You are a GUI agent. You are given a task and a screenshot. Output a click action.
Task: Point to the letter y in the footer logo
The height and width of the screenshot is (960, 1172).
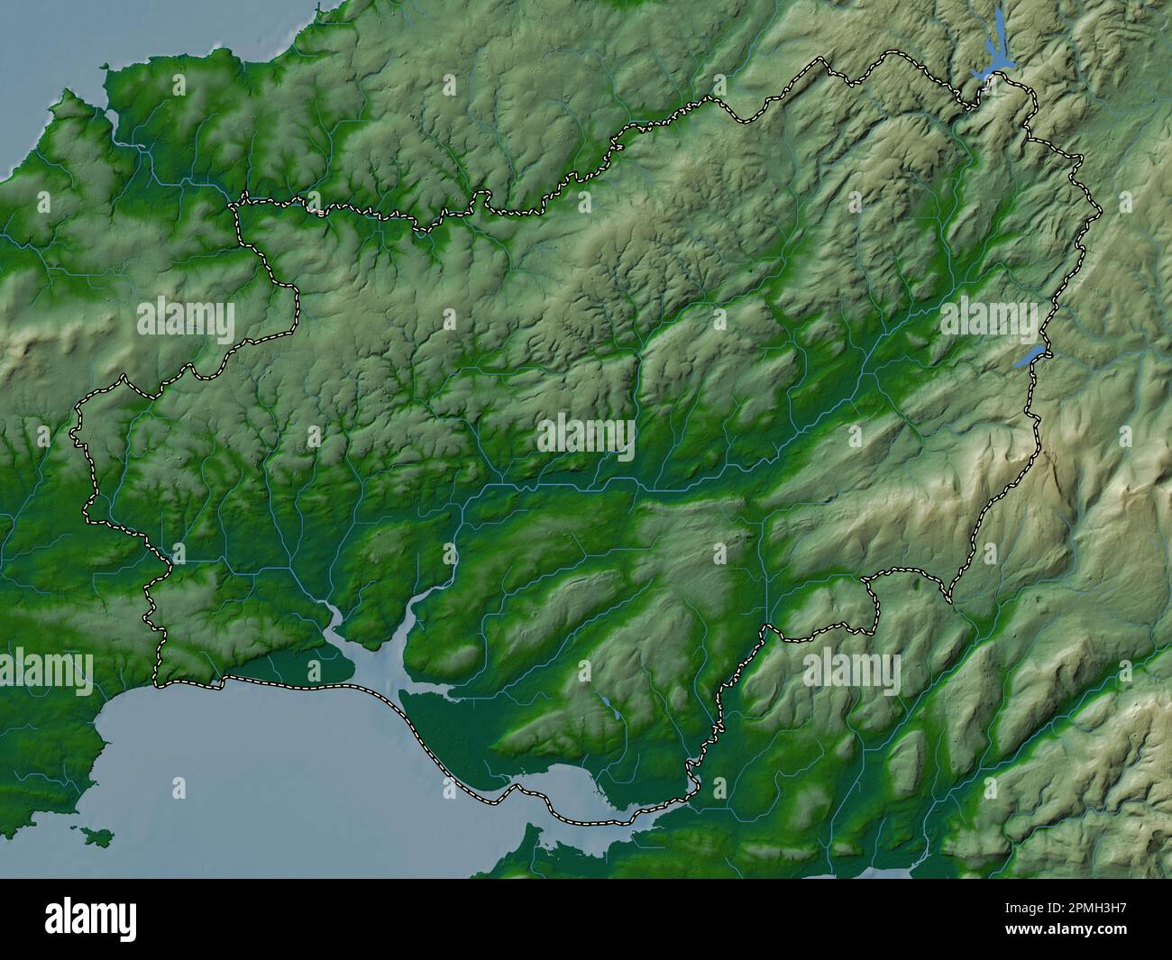coord(126,921)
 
